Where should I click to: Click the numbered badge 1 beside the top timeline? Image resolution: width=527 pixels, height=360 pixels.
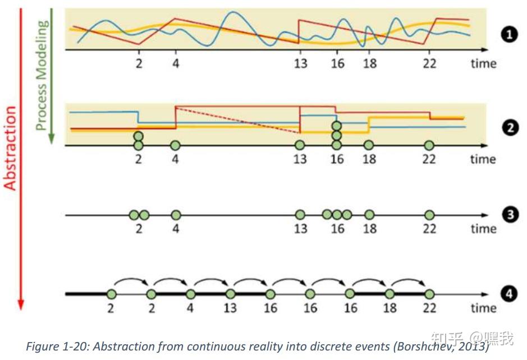pos(509,35)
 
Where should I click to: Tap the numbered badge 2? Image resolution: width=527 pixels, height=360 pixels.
pos(509,128)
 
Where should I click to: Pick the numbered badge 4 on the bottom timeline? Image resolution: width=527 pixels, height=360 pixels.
pos(509,294)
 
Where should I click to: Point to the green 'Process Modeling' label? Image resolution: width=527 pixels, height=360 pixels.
pos(42,75)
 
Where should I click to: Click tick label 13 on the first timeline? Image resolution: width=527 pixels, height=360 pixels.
pos(300,63)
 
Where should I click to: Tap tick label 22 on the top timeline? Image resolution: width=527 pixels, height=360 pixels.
pos(429,63)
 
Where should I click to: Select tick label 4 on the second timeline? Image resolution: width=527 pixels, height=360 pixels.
pos(176,159)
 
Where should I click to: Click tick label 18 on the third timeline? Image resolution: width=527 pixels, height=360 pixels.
pos(369,229)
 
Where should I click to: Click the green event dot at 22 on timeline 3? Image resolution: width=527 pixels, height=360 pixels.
pos(429,215)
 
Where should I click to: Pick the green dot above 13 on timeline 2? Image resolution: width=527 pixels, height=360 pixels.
pos(300,145)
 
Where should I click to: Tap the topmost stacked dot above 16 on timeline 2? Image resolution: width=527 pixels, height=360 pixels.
pos(336,126)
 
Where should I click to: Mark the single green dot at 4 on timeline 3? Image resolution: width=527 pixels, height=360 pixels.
pos(176,215)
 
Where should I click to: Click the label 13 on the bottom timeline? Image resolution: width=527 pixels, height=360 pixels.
pos(230,308)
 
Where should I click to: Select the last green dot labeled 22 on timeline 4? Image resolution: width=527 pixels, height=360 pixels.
pos(429,294)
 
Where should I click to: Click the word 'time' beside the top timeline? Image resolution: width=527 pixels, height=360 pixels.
pos(483,63)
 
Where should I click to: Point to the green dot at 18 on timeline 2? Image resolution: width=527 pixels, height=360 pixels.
pos(369,145)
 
